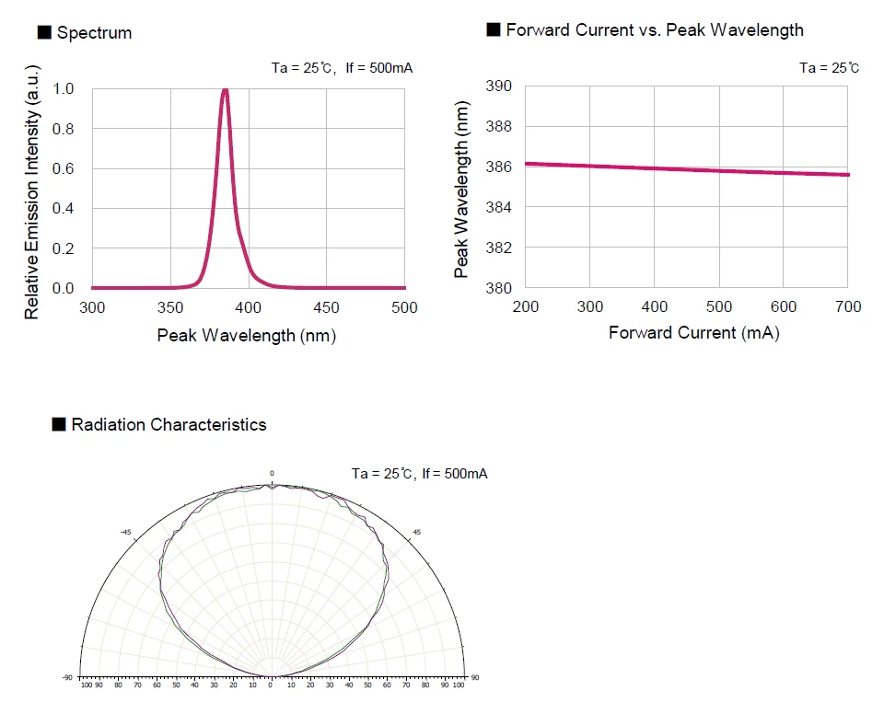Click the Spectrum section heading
(94, 33)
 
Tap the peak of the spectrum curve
(225, 90)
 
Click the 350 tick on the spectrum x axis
(170, 307)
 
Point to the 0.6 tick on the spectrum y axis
(64, 168)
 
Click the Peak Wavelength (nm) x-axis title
(247, 335)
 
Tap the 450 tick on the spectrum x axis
(327, 307)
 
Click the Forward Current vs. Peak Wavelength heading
(655, 30)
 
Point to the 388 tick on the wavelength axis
(498, 126)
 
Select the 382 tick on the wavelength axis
(498, 248)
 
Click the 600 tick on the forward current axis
(784, 306)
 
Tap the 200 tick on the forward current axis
(525, 306)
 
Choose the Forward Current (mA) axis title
(693, 333)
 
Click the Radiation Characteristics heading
(169, 424)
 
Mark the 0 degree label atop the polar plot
(272, 473)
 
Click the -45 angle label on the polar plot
(127, 532)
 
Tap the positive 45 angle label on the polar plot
(416, 532)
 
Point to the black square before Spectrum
(43, 33)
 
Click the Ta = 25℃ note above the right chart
(830, 67)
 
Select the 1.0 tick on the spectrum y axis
(64, 88)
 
